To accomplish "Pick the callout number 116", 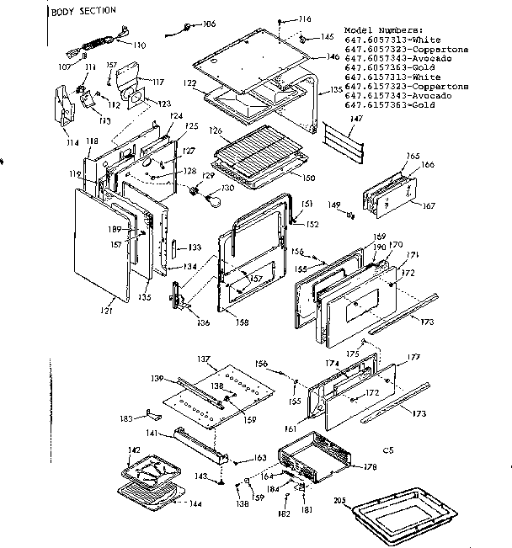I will pos(304,19).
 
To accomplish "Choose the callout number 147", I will pos(356,121).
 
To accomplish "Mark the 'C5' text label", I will pos(388,451).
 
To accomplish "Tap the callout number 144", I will pos(195,504).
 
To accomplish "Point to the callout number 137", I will pos(202,359).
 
